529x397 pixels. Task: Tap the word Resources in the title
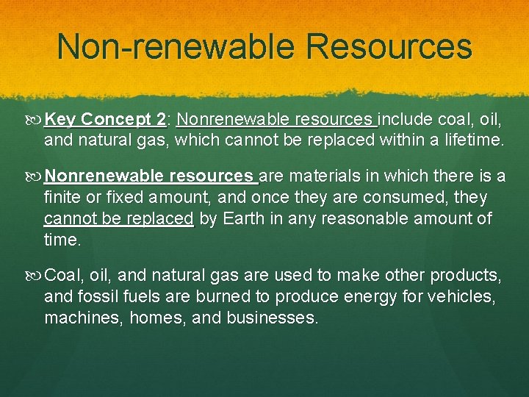(389, 46)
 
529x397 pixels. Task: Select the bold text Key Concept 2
(105, 119)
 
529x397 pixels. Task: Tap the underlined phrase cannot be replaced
(119, 219)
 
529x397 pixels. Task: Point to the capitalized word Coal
(62, 276)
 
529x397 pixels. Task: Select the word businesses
(280, 319)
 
